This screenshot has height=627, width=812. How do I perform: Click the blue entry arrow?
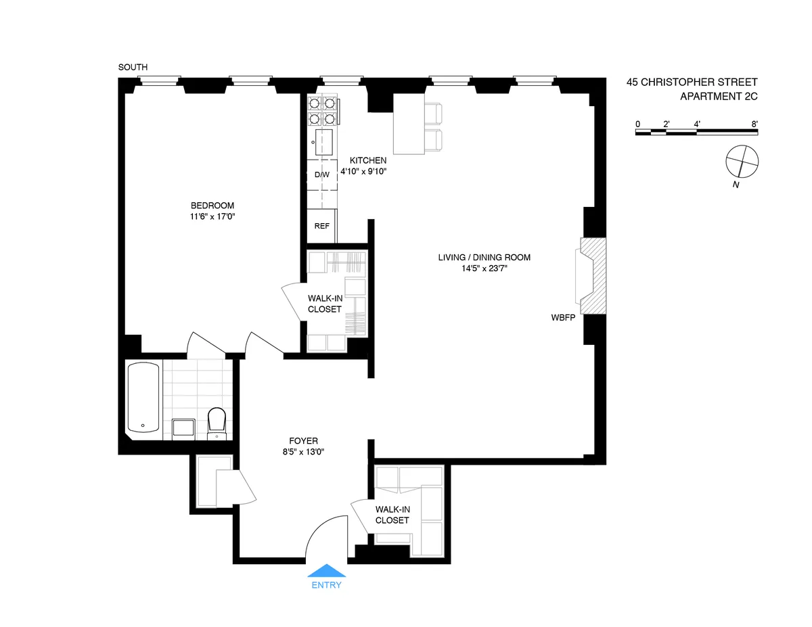[x=326, y=571]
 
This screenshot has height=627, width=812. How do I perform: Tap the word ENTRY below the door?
[x=326, y=585]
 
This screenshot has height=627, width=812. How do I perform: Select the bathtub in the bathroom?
[x=143, y=398]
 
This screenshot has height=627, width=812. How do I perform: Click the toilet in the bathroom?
[x=217, y=422]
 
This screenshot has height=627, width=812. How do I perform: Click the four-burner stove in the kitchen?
[x=322, y=111]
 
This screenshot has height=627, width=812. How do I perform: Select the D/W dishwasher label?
[x=322, y=175]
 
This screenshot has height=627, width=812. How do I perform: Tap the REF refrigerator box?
[x=322, y=226]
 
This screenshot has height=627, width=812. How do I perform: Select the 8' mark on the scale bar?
[x=754, y=124]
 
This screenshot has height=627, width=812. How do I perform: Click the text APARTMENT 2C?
[x=719, y=96]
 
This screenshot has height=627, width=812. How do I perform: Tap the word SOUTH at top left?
[x=133, y=67]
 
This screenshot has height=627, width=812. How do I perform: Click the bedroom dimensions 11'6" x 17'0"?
[x=212, y=216]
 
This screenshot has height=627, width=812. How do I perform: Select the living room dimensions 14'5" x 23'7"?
[x=473, y=268]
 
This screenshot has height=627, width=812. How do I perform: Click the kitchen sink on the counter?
[x=323, y=142]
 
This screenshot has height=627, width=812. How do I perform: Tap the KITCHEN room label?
[x=367, y=160]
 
